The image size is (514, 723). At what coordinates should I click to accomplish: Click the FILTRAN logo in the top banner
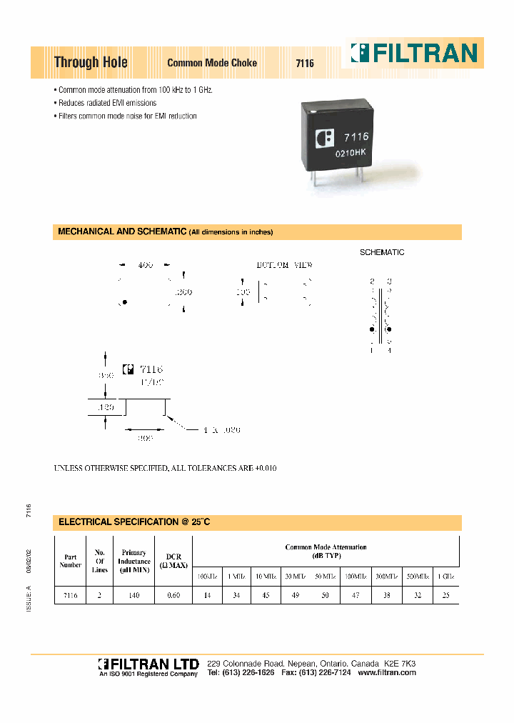[413, 54]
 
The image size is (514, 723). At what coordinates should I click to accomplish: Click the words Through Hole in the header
[91, 62]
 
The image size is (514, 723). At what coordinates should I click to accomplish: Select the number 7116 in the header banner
[305, 63]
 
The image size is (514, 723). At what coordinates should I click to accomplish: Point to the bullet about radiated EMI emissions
[107, 103]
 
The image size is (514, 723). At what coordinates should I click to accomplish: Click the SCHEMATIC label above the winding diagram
[382, 252]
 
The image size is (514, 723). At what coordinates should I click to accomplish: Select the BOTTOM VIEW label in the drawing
[285, 265]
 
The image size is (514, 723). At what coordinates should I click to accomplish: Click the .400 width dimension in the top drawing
[145, 264]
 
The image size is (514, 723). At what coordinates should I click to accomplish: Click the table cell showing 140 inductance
[133, 594]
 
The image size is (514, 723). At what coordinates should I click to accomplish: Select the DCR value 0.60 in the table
[173, 594]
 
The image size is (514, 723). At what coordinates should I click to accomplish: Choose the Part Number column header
[70, 559]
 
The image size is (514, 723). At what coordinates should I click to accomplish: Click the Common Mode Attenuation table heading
[326, 551]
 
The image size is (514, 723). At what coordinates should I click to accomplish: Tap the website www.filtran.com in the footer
[387, 673]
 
